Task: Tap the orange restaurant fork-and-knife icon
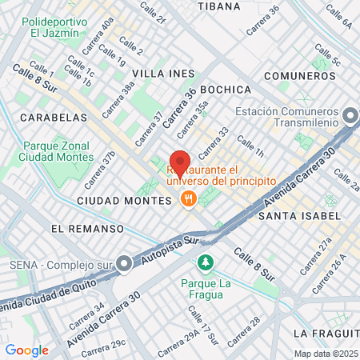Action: (189, 198)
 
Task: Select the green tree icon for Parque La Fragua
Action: (206, 262)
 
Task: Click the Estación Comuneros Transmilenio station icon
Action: (349, 118)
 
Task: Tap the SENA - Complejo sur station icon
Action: (124, 263)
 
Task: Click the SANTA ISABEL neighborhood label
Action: (299, 216)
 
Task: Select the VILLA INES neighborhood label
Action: (163, 73)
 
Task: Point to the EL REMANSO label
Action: (87, 229)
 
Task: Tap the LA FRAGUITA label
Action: (324, 332)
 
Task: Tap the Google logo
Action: (26, 350)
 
